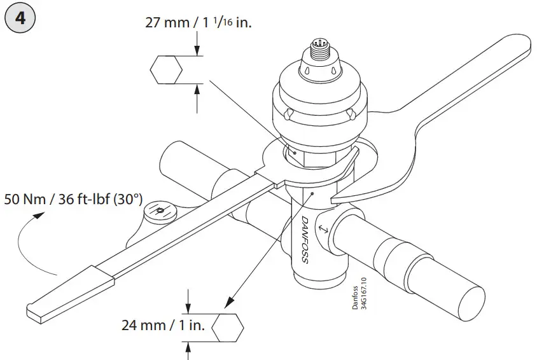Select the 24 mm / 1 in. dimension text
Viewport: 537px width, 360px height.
coord(163,326)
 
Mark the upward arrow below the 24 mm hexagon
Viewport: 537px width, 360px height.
coord(188,349)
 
